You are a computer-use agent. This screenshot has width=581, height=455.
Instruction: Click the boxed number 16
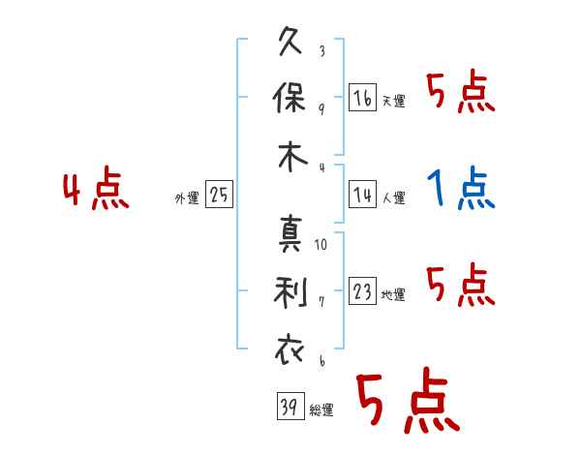pyautogui.click(x=362, y=97)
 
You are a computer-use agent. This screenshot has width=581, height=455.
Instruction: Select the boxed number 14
pyautogui.click(x=362, y=195)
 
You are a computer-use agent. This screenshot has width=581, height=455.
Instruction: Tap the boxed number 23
pyautogui.click(x=362, y=291)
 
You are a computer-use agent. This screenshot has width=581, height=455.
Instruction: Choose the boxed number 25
pyautogui.click(x=219, y=195)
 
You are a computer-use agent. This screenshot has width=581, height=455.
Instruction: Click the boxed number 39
pyautogui.click(x=289, y=407)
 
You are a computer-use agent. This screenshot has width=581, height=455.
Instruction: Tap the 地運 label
pyautogui.click(x=393, y=295)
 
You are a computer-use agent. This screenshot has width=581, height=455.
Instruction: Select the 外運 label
pyautogui.click(x=187, y=198)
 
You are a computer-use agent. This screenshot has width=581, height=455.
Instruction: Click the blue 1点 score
pyautogui.click(x=461, y=189)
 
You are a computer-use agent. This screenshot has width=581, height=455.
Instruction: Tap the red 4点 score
pyautogui.click(x=96, y=190)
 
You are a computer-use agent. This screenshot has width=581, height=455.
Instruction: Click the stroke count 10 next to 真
pyautogui.click(x=321, y=244)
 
